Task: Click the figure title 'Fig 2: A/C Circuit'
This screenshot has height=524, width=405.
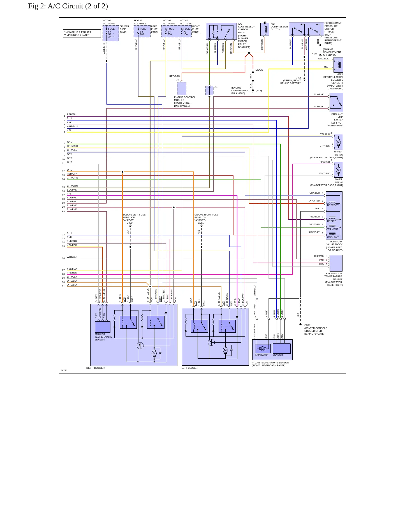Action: point(68,6)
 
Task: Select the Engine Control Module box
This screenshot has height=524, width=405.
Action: point(182,89)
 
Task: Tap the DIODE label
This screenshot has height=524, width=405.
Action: point(259,70)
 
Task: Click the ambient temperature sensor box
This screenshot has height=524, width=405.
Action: point(103,327)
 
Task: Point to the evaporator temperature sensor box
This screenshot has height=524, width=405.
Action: point(336,263)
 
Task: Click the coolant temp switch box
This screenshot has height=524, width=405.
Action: point(336,103)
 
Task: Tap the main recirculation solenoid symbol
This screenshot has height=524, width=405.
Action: point(339,65)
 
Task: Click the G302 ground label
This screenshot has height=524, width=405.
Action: point(307,325)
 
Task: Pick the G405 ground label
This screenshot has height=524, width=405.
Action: point(298,78)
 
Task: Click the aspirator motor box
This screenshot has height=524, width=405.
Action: point(263,349)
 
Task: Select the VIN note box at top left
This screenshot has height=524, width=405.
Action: point(82,34)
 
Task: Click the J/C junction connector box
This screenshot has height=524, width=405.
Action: point(209,91)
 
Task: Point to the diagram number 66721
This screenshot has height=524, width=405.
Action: point(64,370)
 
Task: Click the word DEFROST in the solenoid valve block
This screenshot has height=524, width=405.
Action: point(333,205)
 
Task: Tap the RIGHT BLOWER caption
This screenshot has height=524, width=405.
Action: point(95,368)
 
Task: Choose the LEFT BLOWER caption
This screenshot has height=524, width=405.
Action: point(190,368)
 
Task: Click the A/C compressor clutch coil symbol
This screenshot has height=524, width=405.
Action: point(265,29)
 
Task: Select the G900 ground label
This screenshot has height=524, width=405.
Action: point(129,223)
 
